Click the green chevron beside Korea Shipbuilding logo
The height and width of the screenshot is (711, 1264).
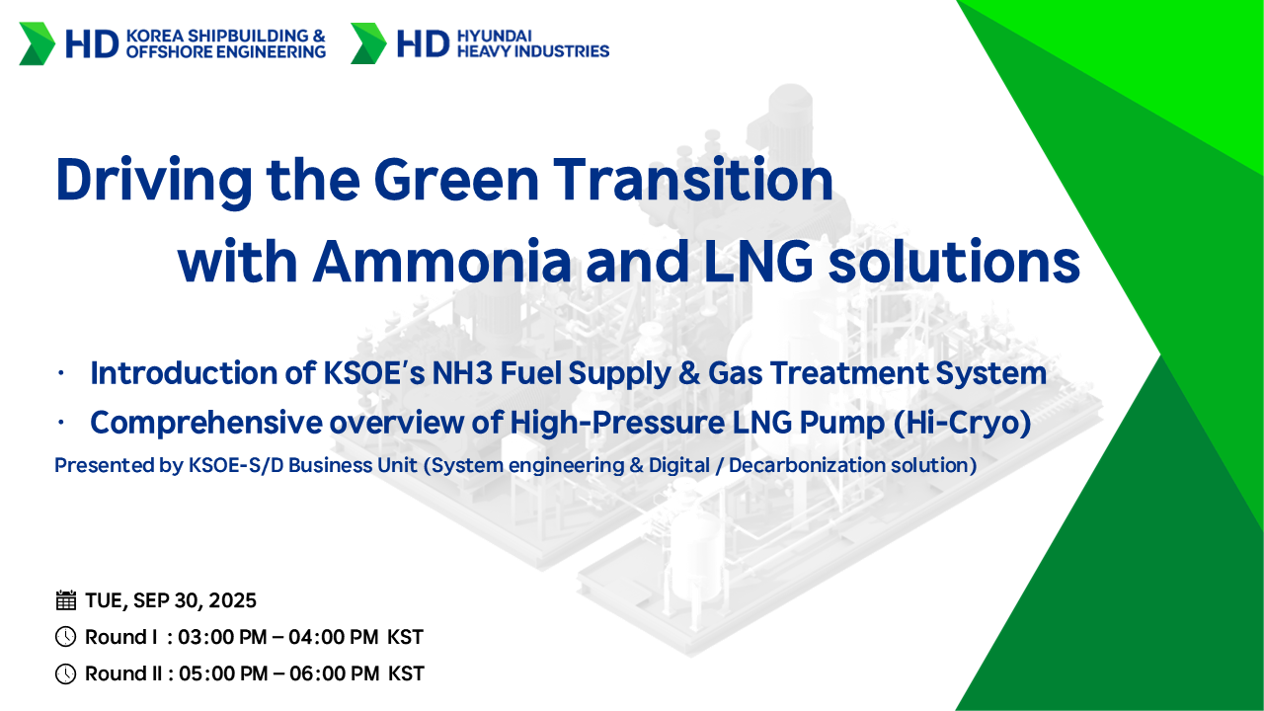38,43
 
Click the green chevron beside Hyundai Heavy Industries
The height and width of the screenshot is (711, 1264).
368,43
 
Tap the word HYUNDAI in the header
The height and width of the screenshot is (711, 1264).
495,36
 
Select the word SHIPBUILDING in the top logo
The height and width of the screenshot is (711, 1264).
248,36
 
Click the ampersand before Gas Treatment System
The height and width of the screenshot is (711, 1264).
689,373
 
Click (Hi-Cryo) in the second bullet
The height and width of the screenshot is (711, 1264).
963,424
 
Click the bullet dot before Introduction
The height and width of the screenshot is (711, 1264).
61,373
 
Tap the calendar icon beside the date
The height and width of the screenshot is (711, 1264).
66,600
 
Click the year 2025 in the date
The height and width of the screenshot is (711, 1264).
232,600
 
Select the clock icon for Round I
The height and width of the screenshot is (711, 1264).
65,637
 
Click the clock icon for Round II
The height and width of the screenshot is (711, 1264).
65,673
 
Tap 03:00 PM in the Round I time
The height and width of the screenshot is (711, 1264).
222,637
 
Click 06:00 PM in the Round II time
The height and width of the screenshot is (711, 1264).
334,673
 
